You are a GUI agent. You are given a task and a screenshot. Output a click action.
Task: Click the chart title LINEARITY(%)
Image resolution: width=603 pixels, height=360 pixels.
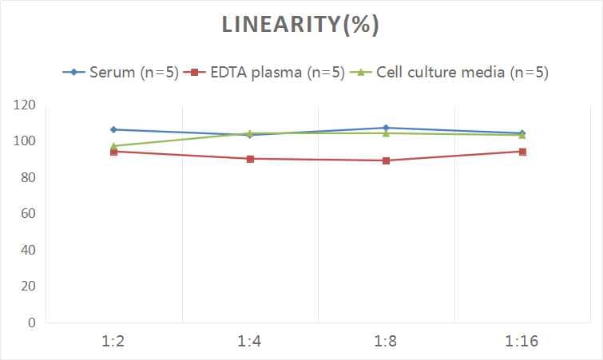click(x=300, y=25)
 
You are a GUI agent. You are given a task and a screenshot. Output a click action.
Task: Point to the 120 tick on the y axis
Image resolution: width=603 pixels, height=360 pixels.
click(x=25, y=105)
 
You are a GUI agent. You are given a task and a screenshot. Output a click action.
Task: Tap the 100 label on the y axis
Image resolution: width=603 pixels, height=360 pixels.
click(x=25, y=141)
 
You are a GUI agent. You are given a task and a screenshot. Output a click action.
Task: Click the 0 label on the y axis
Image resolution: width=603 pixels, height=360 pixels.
click(x=31, y=323)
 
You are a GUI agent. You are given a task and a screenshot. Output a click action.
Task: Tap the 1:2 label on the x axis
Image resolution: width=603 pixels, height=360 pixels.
click(x=113, y=342)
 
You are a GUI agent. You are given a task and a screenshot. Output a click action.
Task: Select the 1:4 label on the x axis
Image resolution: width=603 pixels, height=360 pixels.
click(x=250, y=342)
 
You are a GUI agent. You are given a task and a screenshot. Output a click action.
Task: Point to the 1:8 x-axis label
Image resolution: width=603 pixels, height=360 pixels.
click(x=386, y=342)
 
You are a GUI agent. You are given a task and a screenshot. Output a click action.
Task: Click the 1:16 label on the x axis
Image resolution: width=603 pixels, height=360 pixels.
click(x=522, y=342)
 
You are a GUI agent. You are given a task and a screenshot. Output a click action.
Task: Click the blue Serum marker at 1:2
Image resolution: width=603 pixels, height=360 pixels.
click(x=113, y=129)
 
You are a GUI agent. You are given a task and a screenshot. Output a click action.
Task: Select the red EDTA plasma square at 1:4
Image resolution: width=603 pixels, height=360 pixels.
click(x=250, y=159)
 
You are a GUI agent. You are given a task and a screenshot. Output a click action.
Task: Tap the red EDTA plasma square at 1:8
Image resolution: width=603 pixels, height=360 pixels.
click(x=386, y=160)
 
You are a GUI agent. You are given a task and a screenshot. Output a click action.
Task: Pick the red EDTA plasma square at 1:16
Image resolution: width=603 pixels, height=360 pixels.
click(x=522, y=152)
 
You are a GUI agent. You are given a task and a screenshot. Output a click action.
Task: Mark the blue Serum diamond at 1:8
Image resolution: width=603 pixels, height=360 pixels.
click(x=386, y=128)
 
